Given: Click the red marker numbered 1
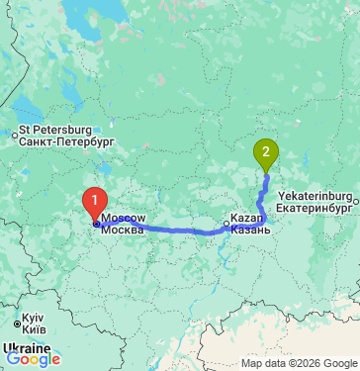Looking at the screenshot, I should click(x=95, y=202).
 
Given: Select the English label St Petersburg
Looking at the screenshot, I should click(x=55, y=131).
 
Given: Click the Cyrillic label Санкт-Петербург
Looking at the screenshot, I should click(x=67, y=142).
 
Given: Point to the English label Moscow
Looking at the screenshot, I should click(x=124, y=218).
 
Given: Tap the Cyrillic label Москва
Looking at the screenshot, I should click(x=123, y=230).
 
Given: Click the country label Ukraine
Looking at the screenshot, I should click(x=26, y=349).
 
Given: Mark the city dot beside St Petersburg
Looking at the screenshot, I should click(x=14, y=135).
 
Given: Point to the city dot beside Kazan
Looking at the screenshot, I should click(x=226, y=225).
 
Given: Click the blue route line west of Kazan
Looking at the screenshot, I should click(x=178, y=231).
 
